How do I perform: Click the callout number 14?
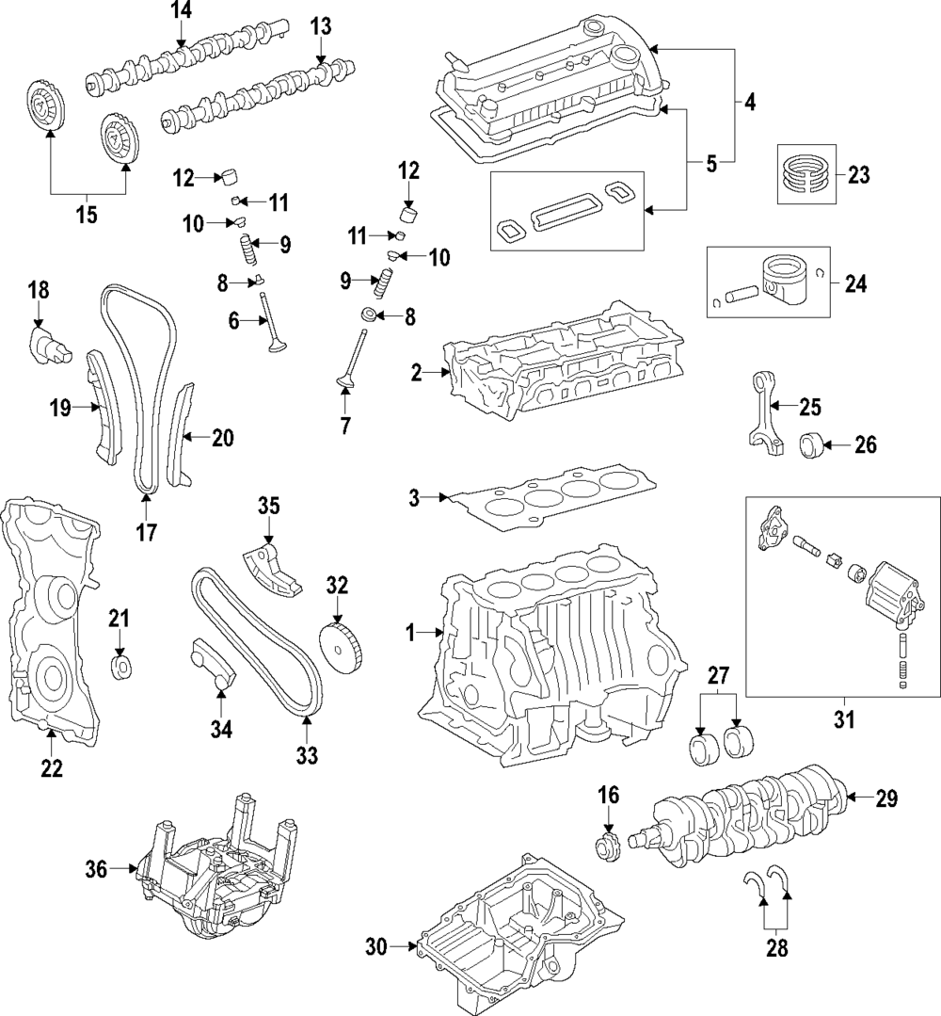180,12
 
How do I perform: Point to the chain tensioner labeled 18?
47,345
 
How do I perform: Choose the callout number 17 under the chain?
146,533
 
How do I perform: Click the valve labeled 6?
272,325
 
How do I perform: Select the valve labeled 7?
354,362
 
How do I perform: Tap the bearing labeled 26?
813,445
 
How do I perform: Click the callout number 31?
843,721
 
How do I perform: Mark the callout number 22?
51,767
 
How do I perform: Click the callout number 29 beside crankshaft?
886,799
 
